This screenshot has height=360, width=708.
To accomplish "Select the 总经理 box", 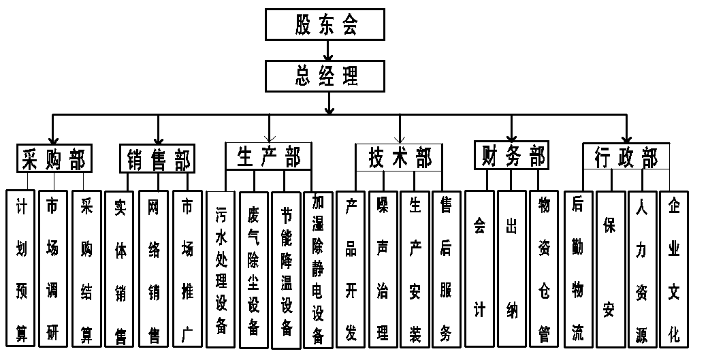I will [x=326, y=76].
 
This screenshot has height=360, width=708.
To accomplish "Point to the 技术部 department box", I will [x=400, y=157].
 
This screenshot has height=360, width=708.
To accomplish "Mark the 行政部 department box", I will [x=626, y=157].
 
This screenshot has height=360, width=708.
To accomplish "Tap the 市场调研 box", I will [x=52, y=268].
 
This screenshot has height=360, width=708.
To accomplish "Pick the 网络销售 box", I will [x=153, y=268].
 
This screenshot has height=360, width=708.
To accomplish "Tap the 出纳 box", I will [x=511, y=268].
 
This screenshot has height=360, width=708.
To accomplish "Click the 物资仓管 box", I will [x=544, y=268].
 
